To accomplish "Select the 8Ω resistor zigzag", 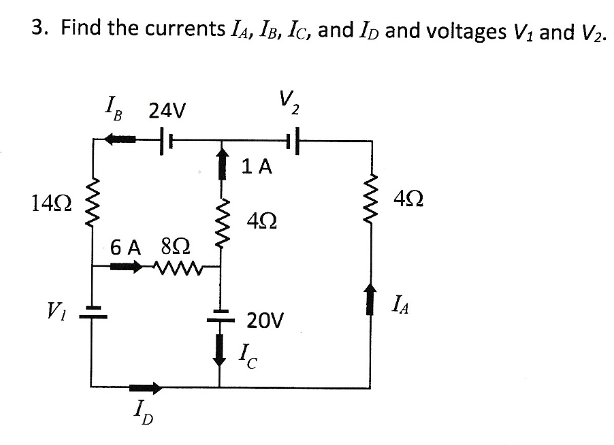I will [176, 267].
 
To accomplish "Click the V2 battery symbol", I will [293, 142].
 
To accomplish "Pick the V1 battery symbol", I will [92, 312].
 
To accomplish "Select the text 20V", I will [265, 320].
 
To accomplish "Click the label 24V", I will [171, 109].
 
